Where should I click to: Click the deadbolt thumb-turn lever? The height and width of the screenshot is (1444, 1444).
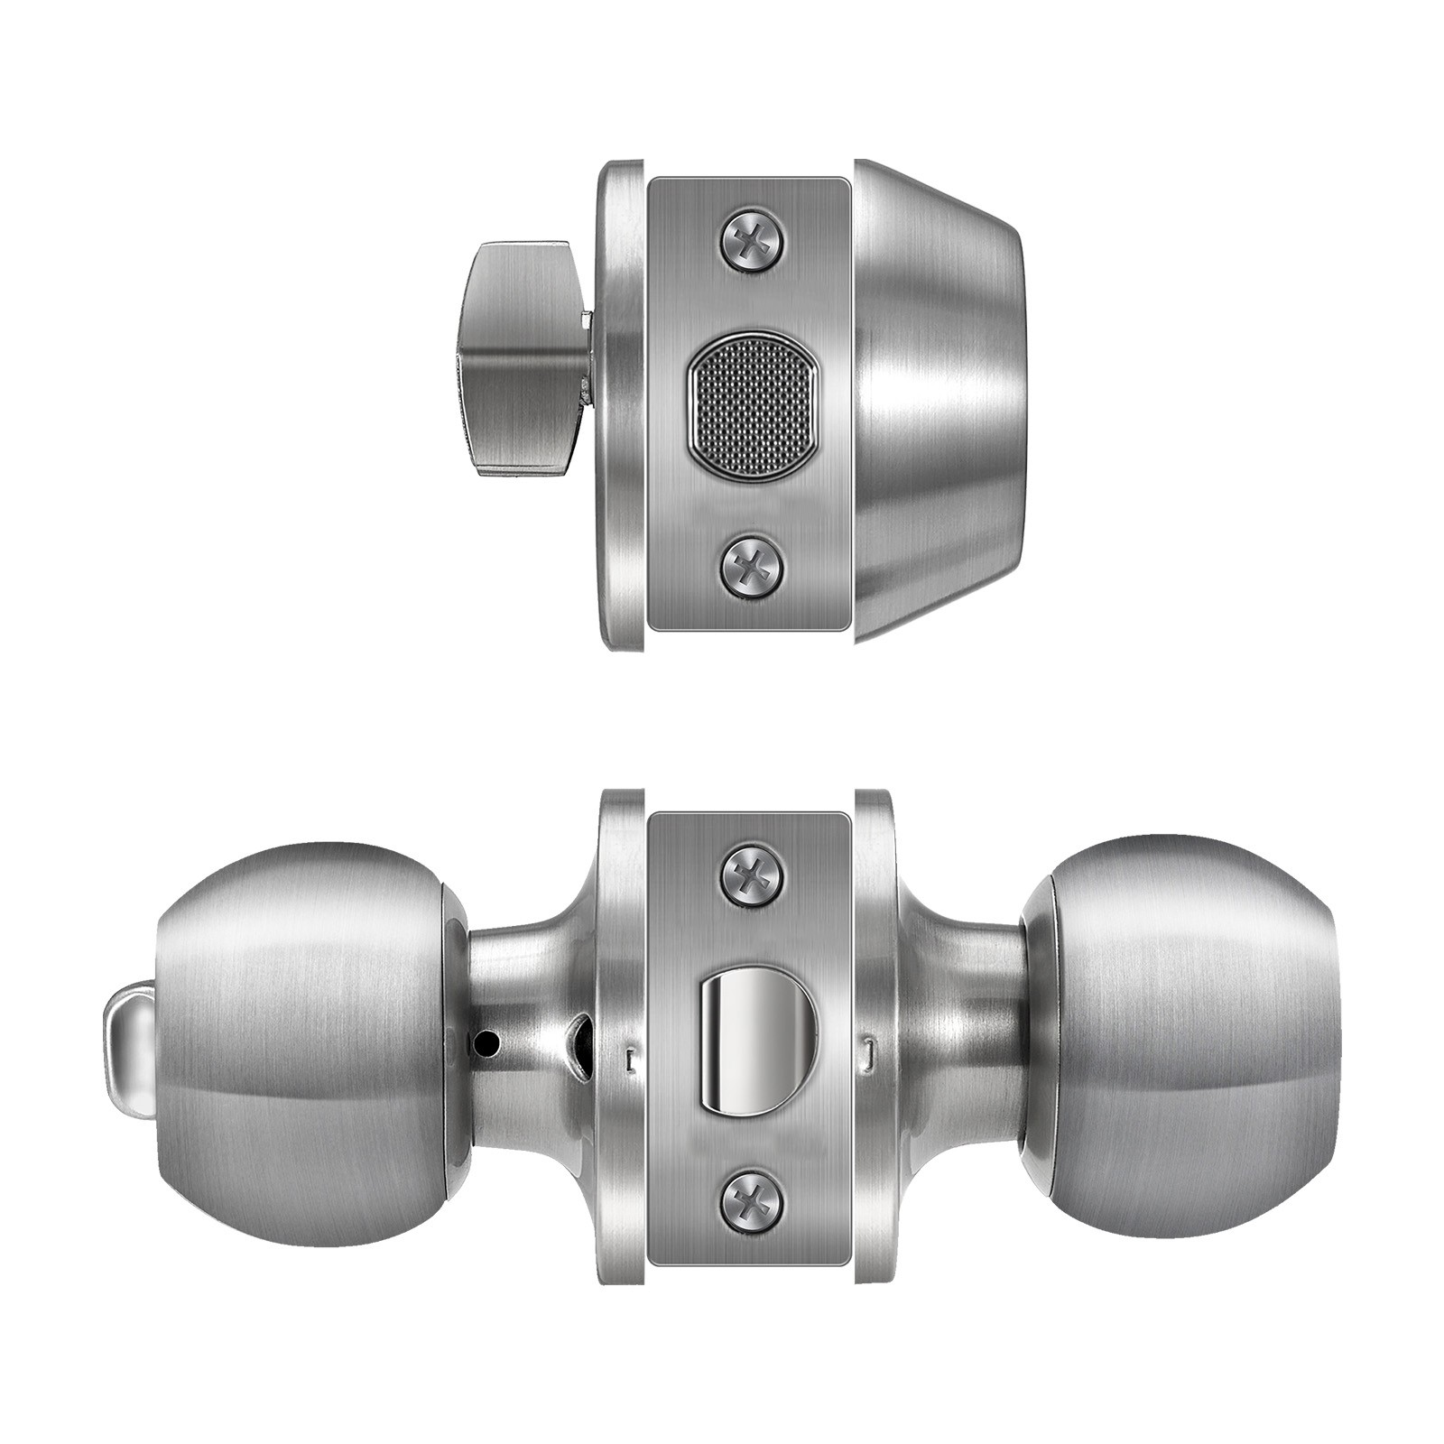(514, 356)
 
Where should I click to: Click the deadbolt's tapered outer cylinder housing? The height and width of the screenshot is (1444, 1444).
(939, 402)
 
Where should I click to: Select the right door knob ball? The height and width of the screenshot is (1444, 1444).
(1182, 1038)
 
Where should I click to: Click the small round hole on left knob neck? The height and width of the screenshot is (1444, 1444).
(487, 1044)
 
